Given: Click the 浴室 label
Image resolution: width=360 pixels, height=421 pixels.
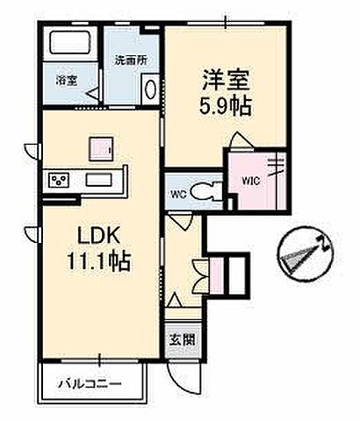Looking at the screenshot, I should tap(67, 82).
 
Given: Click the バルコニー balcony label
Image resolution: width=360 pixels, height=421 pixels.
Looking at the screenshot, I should tap(90, 384).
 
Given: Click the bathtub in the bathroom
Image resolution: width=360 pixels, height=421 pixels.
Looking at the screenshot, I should tap(71, 44).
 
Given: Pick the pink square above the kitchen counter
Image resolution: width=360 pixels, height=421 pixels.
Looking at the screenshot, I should tap(99, 147).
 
